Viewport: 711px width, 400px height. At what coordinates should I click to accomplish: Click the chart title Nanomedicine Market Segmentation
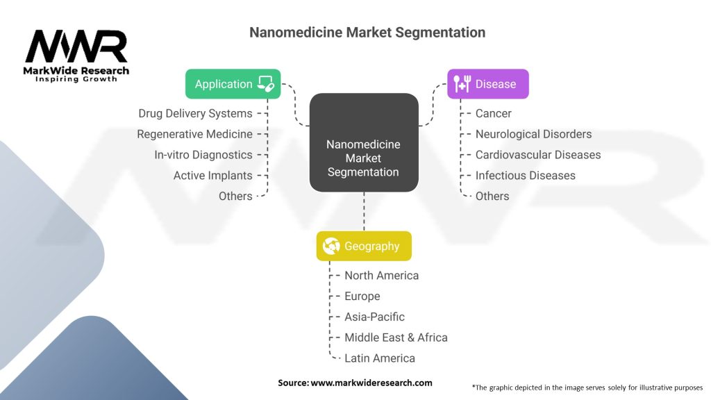pos(367,33)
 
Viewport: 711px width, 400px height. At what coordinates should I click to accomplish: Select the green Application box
pos(233,84)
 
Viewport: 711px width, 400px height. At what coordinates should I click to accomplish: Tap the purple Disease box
pos(487,84)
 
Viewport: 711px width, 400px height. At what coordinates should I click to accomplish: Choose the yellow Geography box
pos(363,246)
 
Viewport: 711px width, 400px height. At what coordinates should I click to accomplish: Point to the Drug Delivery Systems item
pos(195,113)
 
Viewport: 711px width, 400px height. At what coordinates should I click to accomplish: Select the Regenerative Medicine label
pos(194,134)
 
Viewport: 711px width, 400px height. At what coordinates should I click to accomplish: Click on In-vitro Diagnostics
pos(203,155)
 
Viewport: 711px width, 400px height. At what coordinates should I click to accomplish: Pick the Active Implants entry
pos(212,176)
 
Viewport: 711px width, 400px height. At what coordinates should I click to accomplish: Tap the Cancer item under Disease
pos(493,113)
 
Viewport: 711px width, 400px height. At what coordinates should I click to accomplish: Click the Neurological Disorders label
pos(533,134)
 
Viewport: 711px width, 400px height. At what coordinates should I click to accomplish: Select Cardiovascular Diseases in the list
pos(537,155)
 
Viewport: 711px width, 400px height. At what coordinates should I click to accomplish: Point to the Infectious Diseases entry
pos(525,176)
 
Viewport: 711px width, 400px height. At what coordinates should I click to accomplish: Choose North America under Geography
pos(381,276)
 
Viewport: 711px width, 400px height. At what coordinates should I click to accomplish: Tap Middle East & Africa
pos(396,337)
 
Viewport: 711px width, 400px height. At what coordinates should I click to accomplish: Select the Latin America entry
pos(379,358)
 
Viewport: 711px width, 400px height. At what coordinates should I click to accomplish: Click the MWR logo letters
pos(76,47)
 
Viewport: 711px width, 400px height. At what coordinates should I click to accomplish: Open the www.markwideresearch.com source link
pos(371,383)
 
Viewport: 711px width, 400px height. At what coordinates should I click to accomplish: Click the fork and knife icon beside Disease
pos(460,84)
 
